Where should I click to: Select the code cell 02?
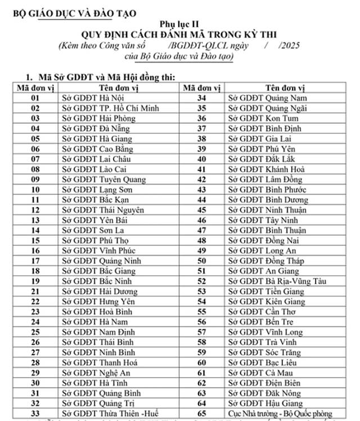[35, 108]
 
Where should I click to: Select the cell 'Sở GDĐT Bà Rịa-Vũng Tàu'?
[283, 281]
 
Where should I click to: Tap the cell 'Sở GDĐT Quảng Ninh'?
[96, 261]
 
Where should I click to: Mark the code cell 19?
[35, 281]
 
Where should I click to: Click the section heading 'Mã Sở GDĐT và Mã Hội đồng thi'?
[106, 76]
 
